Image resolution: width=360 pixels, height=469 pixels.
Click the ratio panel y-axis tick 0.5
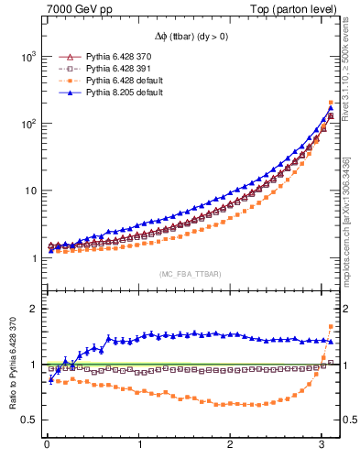point(29,420)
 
